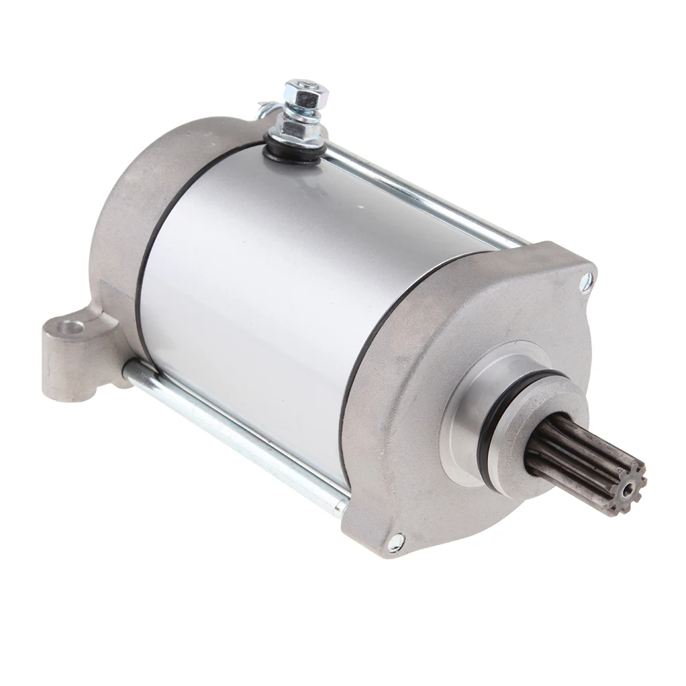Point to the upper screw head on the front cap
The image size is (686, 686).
coord(586,281)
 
